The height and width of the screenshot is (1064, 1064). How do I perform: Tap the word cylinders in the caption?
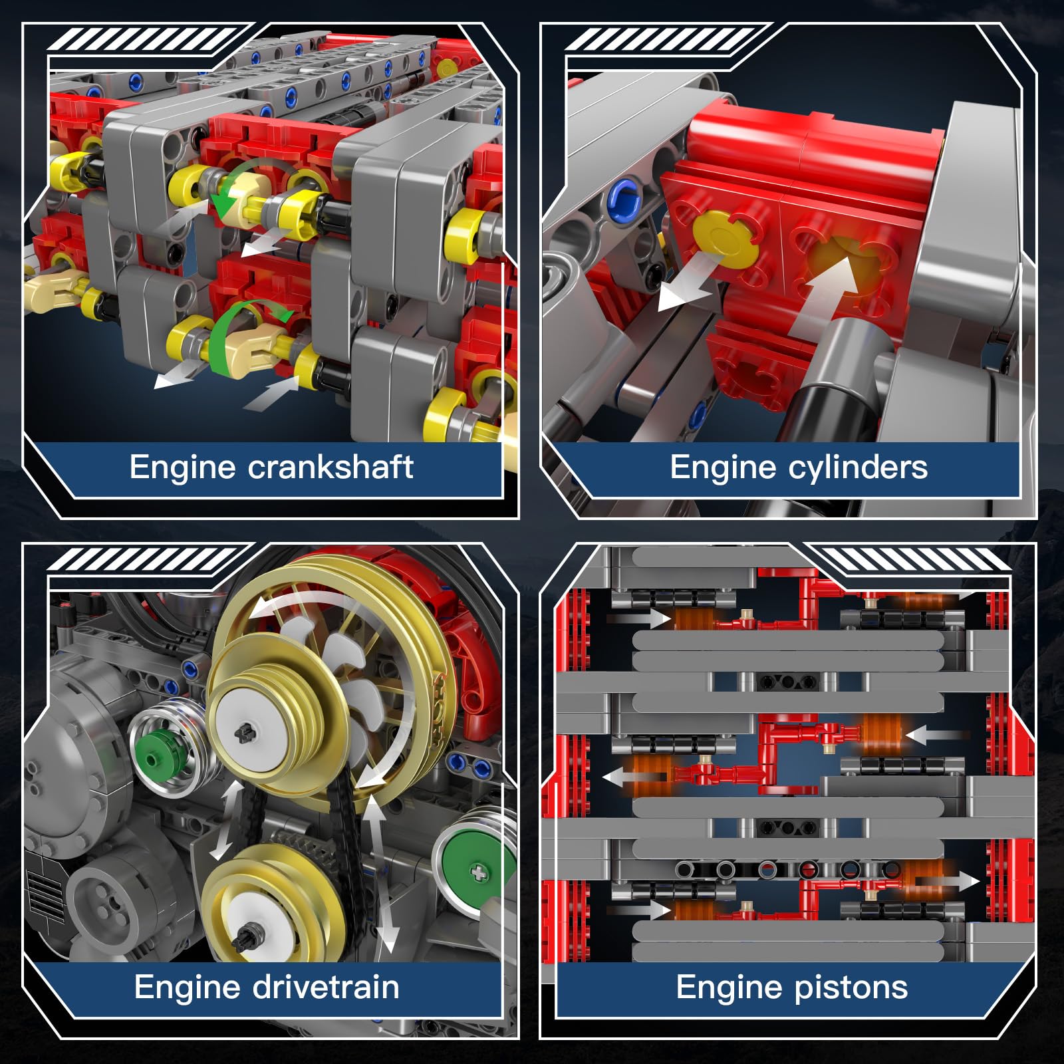858,467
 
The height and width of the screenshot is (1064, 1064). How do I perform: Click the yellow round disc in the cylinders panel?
726,239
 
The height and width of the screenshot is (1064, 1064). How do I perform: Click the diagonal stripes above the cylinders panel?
662,39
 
